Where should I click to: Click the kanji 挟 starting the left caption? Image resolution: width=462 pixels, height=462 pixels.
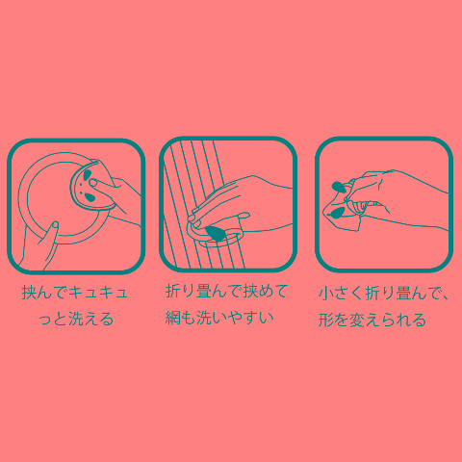pos(29,293)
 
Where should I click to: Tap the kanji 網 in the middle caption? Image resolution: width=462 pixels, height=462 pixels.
pos(172,318)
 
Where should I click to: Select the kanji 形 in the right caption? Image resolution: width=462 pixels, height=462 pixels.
pos(325,320)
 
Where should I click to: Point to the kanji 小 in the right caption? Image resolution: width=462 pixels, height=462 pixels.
pos(325,294)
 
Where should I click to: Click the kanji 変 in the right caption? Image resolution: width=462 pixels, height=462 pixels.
pos(356,320)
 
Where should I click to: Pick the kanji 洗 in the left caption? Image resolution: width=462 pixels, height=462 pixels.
pos(75,319)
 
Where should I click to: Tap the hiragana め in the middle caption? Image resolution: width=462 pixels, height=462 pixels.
pos(266,292)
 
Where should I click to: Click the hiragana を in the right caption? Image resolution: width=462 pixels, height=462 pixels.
pos(341,320)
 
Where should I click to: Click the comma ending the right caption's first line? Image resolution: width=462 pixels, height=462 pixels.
pos(445,298)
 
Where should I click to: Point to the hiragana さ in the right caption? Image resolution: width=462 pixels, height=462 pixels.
pos(341,294)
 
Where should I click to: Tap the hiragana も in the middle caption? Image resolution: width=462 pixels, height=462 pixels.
pos(188,318)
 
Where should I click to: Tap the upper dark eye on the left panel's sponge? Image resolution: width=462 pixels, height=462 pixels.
pos(87,175)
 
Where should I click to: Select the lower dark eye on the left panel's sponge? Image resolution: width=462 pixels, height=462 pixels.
pos(90,198)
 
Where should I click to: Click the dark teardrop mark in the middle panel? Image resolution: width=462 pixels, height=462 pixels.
pos(217,234)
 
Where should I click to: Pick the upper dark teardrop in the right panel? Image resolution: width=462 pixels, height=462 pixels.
pos(339,187)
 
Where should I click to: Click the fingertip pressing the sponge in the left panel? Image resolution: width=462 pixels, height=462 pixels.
pos(93,183)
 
